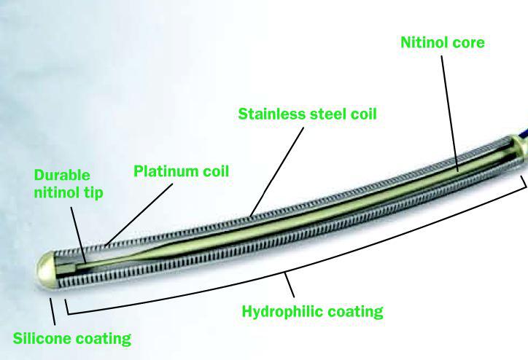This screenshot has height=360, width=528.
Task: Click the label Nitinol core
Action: click(x=442, y=43)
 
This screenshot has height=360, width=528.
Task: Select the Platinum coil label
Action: click(x=181, y=172)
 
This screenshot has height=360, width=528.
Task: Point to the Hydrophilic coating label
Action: click(x=312, y=311)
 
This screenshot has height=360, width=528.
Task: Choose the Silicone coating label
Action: click(x=72, y=338)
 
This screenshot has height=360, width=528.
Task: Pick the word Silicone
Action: click(x=43, y=338)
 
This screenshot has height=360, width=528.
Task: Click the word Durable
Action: click(x=61, y=176)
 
